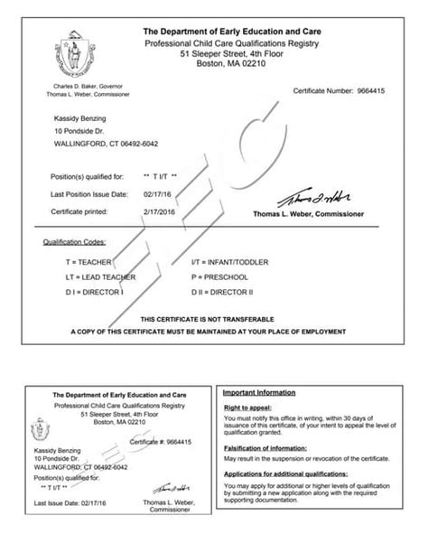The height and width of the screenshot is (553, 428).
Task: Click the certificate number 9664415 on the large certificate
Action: (373, 92)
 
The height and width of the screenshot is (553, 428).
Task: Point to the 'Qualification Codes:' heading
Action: (74, 243)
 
